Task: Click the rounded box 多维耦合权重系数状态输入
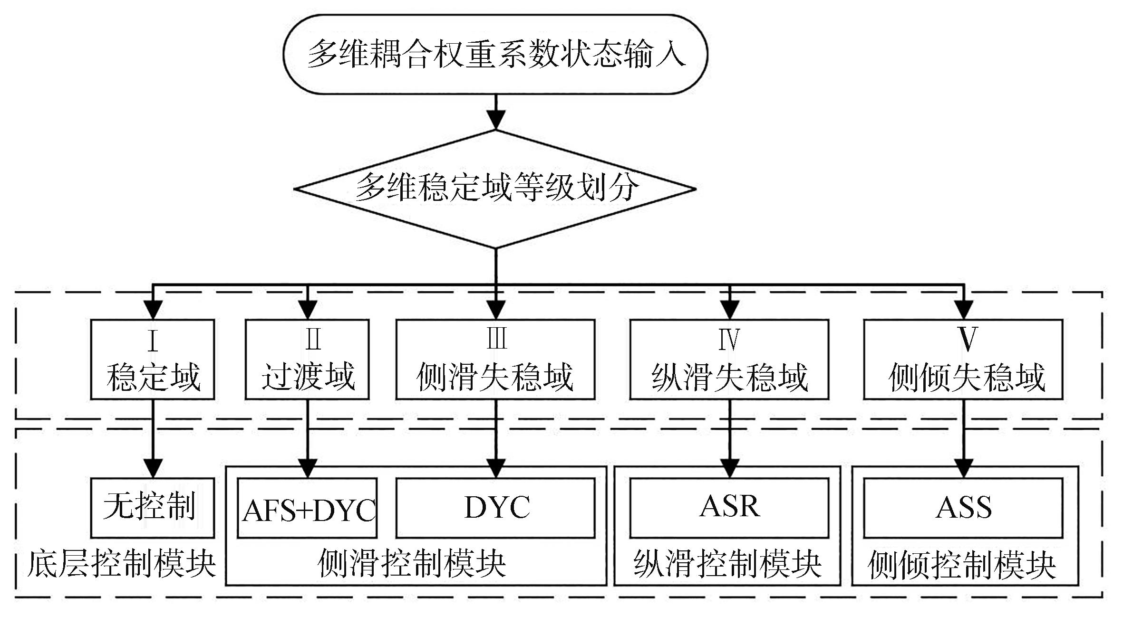[x=495, y=54]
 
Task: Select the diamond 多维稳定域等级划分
[x=495, y=189]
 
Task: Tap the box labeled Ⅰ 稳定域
[x=153, y=359]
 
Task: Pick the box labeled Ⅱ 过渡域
[x=307, y=359]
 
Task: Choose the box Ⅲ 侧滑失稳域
[x=495, y=359]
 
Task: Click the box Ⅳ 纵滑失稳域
[x=729, y=359]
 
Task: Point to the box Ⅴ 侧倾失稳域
[x=963, y=359]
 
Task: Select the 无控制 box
[x=153, y=507]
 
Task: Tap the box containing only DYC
[x=495, y=507]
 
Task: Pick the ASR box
[x=729, y=507]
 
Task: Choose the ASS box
[x=963, y=507]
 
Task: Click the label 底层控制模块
[x=122, y=564]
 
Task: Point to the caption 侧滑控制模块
[x=412, y=564]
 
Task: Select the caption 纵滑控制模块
[x=727, y=564]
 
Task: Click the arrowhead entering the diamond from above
[x=496, y=120]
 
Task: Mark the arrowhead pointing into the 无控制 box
[x=153, y=468]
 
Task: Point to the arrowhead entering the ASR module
[x=730, y=468]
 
